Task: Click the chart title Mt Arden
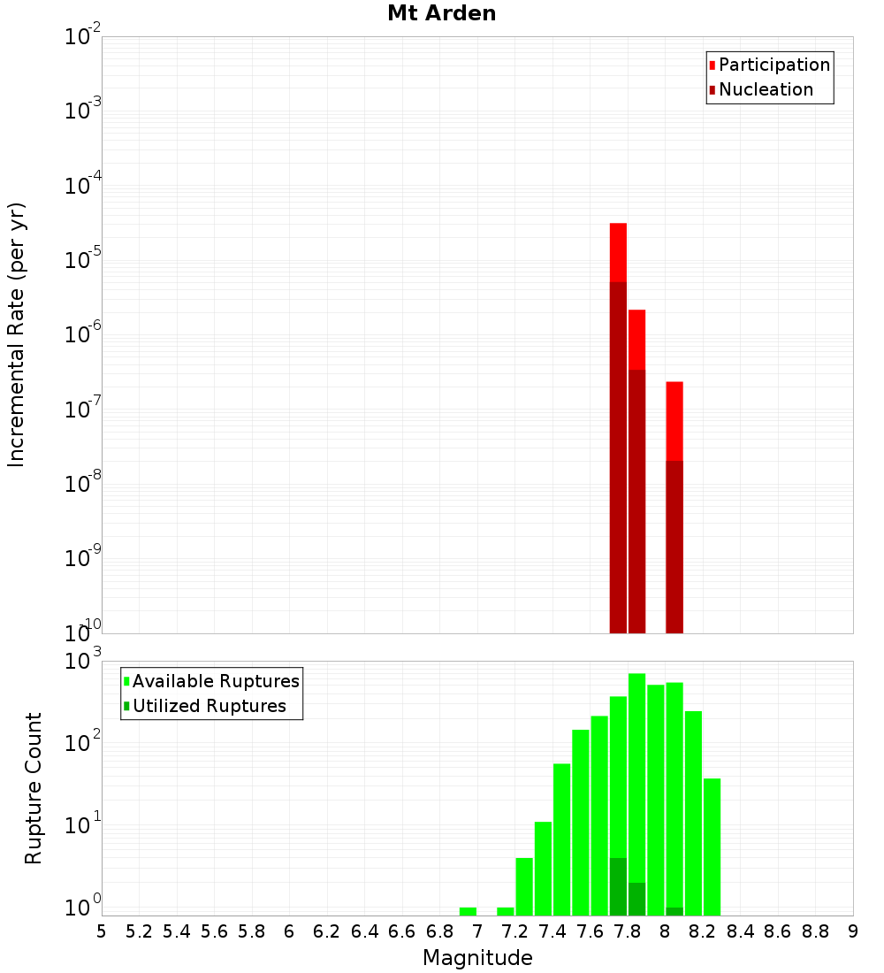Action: pyautogui.click(x=441, y=14)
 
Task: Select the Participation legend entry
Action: pyautogui.click(x=773, y=65)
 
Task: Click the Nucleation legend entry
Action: pyautogui.click(x=765, y=90)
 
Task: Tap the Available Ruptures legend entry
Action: pyautogui.click(x=215, y=681)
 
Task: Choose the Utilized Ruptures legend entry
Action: pyautogui.click(x=208, y=706)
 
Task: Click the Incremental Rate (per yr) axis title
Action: pyautogui.click(x=17, y=334)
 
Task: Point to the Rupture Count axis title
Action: pyautogui.click(x=34, y=787)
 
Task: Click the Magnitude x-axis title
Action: pyautogui.click(x=477, y=958)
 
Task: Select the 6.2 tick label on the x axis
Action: pyautogui.click(x=326, y=931)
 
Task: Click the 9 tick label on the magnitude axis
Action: pyautogui.click(x=852, y=931)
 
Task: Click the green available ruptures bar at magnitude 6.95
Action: pyautogui.click(x=468, y=911)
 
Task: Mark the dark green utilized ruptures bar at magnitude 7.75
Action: pyautogui.click(x=618, y=886)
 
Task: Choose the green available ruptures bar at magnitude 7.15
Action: pyautogui.click(x=506, y=911)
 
